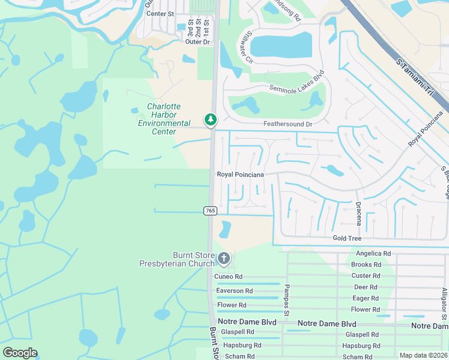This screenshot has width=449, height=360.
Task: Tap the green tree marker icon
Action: [x=210, y=120]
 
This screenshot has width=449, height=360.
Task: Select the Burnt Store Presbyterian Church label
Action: [x=176, y=259]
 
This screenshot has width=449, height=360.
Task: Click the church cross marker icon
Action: [x=223, y=259]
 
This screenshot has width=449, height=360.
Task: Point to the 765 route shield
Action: [x=210, y=210]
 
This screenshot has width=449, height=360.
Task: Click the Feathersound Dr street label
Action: [x=288, y=124]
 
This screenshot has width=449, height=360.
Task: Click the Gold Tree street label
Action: [x=348, y=238]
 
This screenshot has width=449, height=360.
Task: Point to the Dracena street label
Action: [x=358, y=212]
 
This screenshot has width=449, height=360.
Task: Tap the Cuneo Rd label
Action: [x=229, y=276]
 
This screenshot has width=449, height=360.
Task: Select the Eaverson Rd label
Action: [x=230, y=290]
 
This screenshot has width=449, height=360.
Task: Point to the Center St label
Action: [x=160, y=13]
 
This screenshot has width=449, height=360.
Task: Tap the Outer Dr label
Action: [x=197, y=42]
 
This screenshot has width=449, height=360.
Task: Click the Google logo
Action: [x=20, y=353]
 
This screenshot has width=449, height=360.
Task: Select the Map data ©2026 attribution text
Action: [x=424, y=355]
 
